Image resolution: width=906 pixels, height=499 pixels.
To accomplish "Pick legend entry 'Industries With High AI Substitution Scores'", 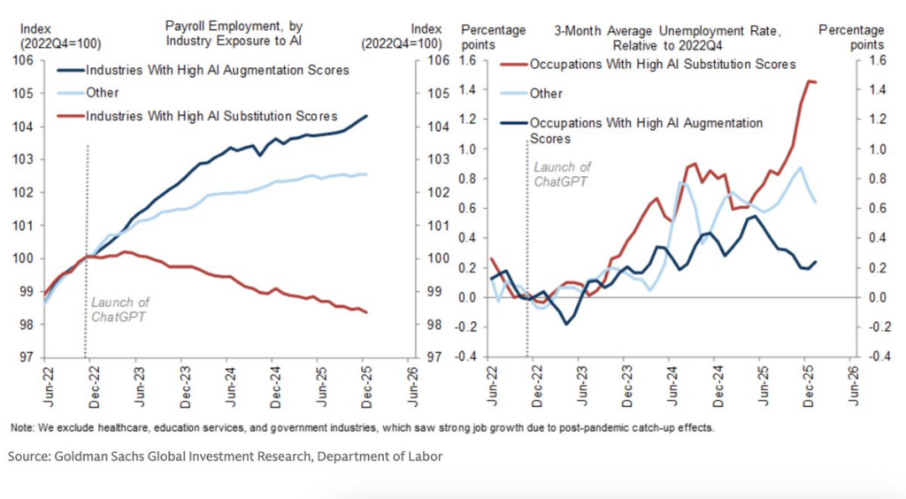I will pyautogui.click(x=211, y=116).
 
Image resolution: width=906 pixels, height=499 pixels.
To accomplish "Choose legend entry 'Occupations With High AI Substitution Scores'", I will pyautogui.click(x=662, y=64).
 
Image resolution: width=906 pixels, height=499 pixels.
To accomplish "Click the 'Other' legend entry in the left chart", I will pyautogui.click(x=103, y=92).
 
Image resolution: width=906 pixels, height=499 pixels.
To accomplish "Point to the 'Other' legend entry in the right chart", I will pyautogui.click(x=545, y=92).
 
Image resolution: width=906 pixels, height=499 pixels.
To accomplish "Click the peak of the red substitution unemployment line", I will pyautogui.click(x=807, y=81).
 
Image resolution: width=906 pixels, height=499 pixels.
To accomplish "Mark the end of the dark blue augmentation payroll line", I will pyautogui.click(x=367, y=116).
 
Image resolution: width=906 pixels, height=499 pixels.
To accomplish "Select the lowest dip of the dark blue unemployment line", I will pyautogui.click(x=567, y=324).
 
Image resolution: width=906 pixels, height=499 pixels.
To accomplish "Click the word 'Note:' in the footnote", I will pyautogui.click(x=22, y=428).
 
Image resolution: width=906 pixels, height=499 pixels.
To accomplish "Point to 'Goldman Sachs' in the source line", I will pyautogui.click(x=96, y=457).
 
